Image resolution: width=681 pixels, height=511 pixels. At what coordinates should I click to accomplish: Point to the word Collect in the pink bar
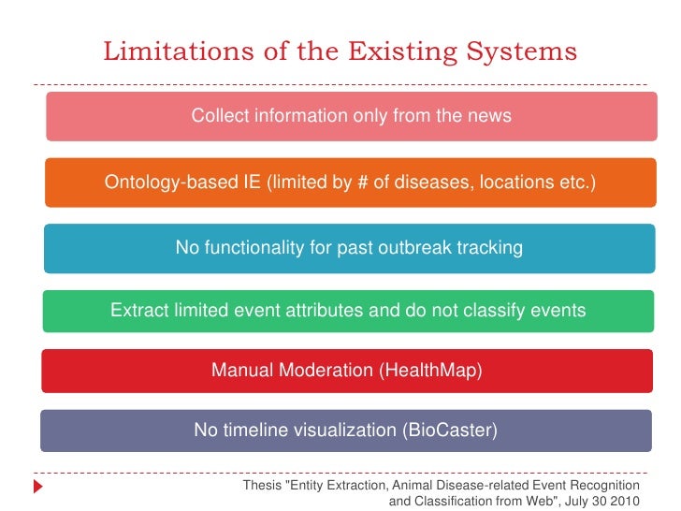(218, 116)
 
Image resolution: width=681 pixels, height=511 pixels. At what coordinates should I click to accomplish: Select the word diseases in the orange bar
(432, 182)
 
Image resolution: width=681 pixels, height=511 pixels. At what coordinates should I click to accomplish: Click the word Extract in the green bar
(138, 311)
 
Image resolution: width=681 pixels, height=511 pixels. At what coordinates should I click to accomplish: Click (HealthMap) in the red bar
(430, 371)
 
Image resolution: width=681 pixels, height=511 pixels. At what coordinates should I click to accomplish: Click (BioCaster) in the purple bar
(450, 431)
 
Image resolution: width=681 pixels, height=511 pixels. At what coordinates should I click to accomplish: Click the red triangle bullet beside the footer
(38, 487)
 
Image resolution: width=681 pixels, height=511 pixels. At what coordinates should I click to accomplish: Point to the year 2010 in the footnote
(623, 501)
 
